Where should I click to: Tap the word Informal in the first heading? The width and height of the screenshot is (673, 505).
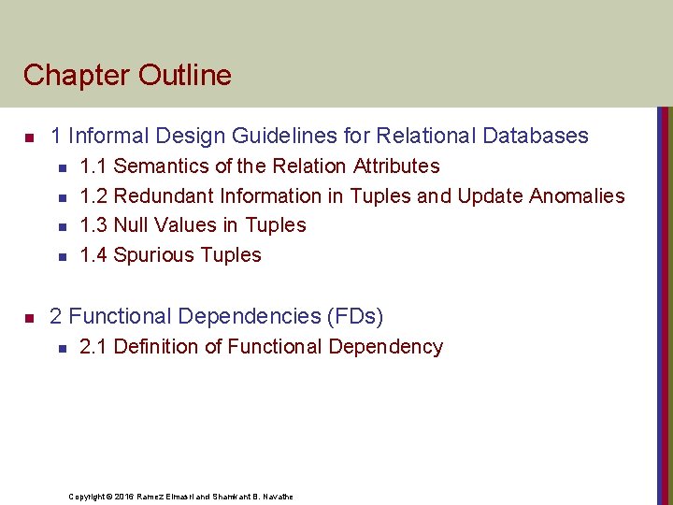tap(118, 136)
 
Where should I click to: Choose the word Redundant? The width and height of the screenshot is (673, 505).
tap(164, 195)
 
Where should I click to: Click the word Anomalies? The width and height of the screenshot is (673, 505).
tap(577, 195)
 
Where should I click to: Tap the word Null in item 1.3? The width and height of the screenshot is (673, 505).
tap(130, 225)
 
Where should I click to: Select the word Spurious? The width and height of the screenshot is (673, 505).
tap(151, 255)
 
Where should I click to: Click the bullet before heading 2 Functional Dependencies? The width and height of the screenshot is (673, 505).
tap(28, 318)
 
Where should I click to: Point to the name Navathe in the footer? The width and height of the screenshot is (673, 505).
tap(276, 496)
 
